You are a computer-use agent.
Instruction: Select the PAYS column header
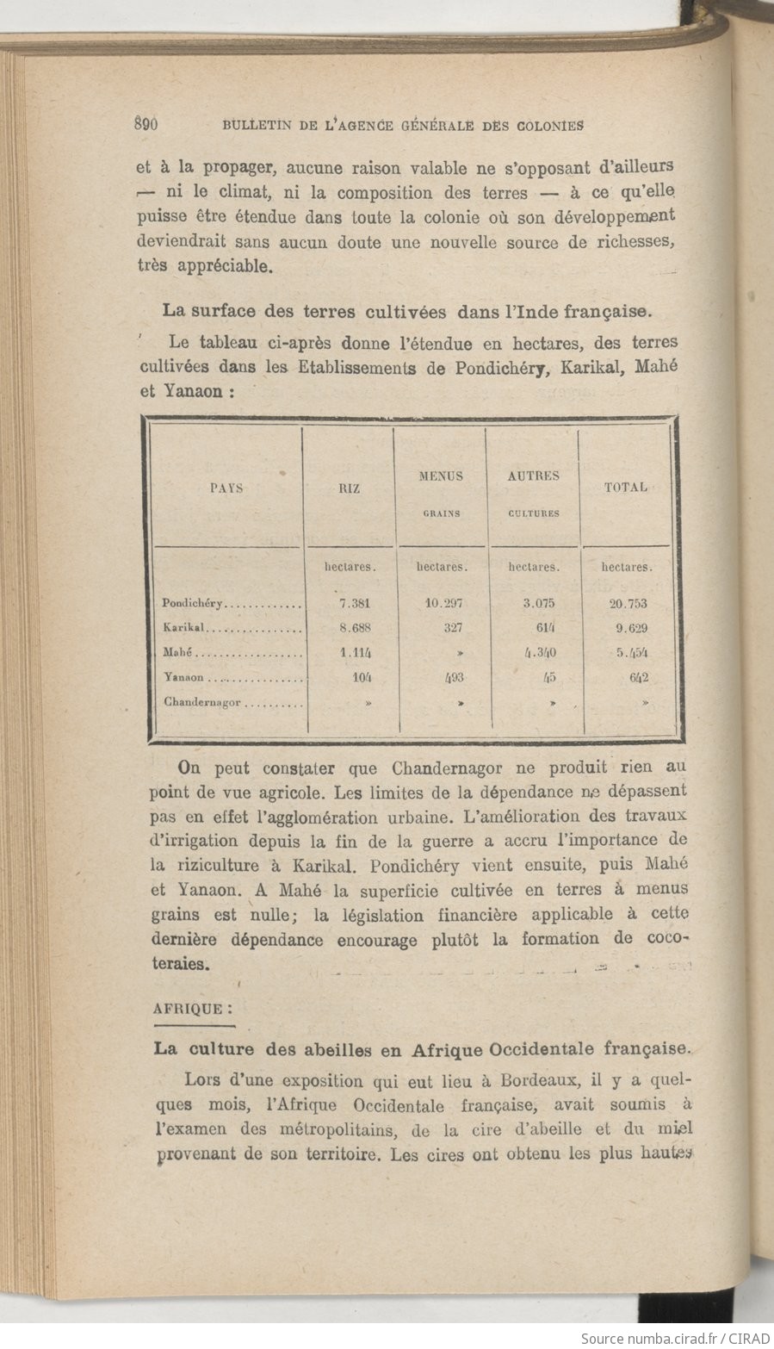click(x=226, y=488)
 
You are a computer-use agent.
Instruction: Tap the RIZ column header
click(x=349, y=488)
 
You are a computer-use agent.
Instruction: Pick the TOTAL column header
click(x=626, y=487)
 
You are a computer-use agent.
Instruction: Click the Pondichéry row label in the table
click(x=193, y=604)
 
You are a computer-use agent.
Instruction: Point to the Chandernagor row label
click(x=202, y=702)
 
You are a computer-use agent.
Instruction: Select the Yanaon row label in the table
click(x=183, y=678)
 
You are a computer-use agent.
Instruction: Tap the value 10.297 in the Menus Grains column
click(x=443, y=603)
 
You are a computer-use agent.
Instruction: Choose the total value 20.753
click(x=628, y=604)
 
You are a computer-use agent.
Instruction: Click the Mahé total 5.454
click(x=631, y=653)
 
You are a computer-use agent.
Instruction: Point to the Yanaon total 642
click(x=638, y=677)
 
